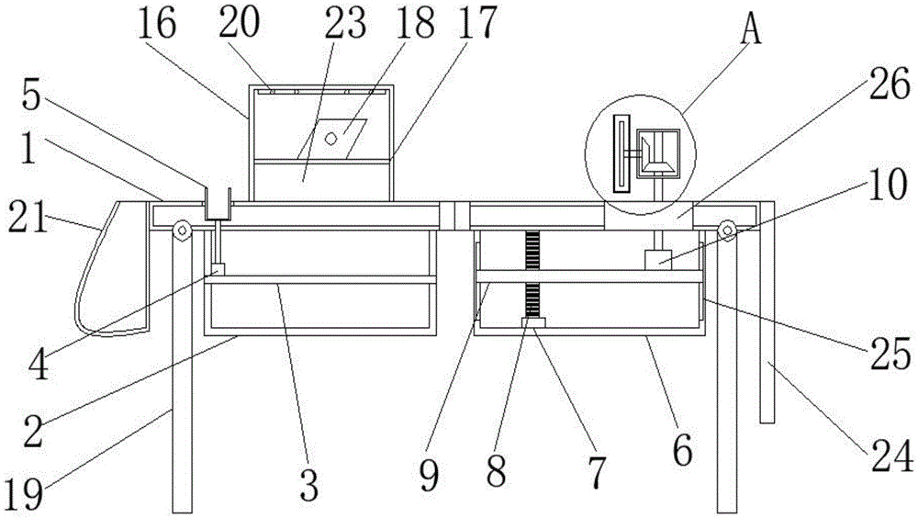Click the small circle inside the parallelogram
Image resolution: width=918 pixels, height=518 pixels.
click(x=331, y=138)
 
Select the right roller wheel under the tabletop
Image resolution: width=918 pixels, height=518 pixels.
click(x=728, y=230)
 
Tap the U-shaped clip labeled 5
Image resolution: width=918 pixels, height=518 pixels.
click(x=217, y=204)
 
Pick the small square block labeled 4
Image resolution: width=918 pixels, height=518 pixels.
click(x=218, y=270)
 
